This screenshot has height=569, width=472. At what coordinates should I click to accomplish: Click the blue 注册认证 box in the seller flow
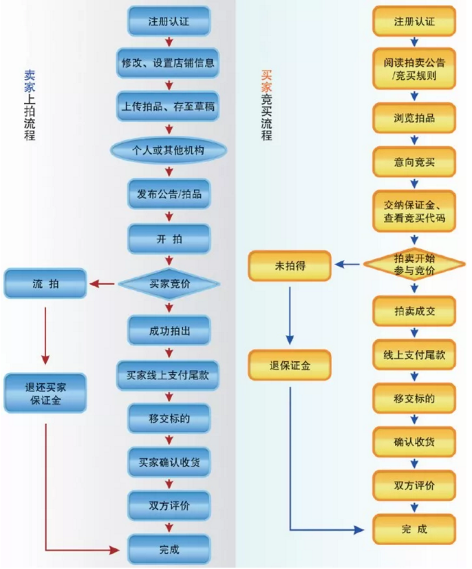coord(168,21)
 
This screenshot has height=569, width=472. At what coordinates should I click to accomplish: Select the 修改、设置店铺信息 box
coord(168,63)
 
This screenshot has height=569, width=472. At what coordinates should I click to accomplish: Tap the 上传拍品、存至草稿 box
coord(168,107)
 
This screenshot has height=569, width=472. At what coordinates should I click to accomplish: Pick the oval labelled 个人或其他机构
coord(168,150)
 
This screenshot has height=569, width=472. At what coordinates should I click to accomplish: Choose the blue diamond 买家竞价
coord(168,283)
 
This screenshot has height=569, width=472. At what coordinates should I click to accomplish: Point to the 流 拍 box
coord(45,283)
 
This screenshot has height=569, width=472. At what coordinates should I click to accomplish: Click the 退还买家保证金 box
coord(45,393)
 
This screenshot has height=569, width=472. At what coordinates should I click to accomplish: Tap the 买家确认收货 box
coord(168,462)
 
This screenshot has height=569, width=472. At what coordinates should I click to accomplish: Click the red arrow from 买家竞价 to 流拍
coord(104,283)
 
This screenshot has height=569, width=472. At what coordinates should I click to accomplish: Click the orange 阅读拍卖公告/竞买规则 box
coord(414,69)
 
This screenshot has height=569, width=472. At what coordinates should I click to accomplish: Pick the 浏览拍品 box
coord(414,118)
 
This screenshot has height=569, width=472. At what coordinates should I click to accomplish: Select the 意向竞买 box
coord(414,162)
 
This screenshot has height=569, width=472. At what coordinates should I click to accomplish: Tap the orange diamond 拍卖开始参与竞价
coord(414,264)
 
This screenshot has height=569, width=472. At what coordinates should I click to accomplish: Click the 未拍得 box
coord(290,265)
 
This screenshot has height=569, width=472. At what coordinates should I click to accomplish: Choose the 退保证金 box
coord(290,365)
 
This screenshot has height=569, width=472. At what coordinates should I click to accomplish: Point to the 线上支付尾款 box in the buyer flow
coord(414,355)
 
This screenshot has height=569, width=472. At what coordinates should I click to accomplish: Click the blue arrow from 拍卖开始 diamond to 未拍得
coord(348,264)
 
